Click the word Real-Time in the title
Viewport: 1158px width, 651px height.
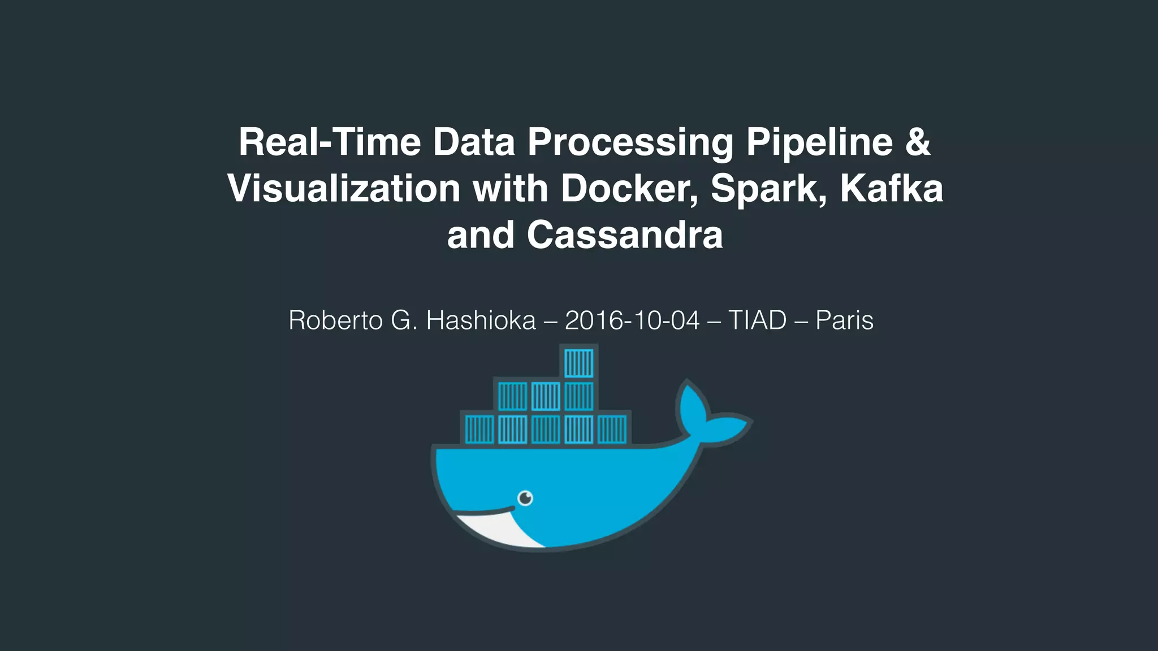point(330,142)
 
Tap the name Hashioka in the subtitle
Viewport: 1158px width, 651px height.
point(481,320)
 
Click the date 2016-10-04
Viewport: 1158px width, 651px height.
point(632,320)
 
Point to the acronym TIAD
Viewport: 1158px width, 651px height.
point(757,320)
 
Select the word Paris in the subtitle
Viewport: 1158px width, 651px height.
point(844,320)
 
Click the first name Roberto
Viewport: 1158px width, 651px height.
point(336,320)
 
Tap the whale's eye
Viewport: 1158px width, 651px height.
point(525,498)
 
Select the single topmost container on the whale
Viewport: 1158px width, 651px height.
point(578,362)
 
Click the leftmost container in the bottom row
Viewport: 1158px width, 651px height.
point(479,429)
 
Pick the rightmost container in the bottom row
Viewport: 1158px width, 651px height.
point(612,429)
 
